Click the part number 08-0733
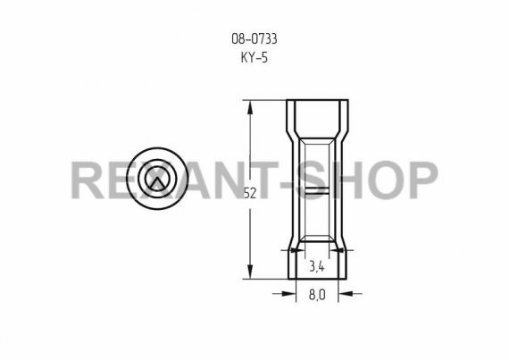point(254,39)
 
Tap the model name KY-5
point(254,57)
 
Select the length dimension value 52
point(250,194)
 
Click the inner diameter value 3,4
point(316,267)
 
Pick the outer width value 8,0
point(317,295)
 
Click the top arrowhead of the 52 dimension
point(250,107)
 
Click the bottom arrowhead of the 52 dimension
point(250,272)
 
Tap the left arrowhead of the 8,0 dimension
point(289,294)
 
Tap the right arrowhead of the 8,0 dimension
point(346,294)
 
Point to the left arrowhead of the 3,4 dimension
point(297,250)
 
